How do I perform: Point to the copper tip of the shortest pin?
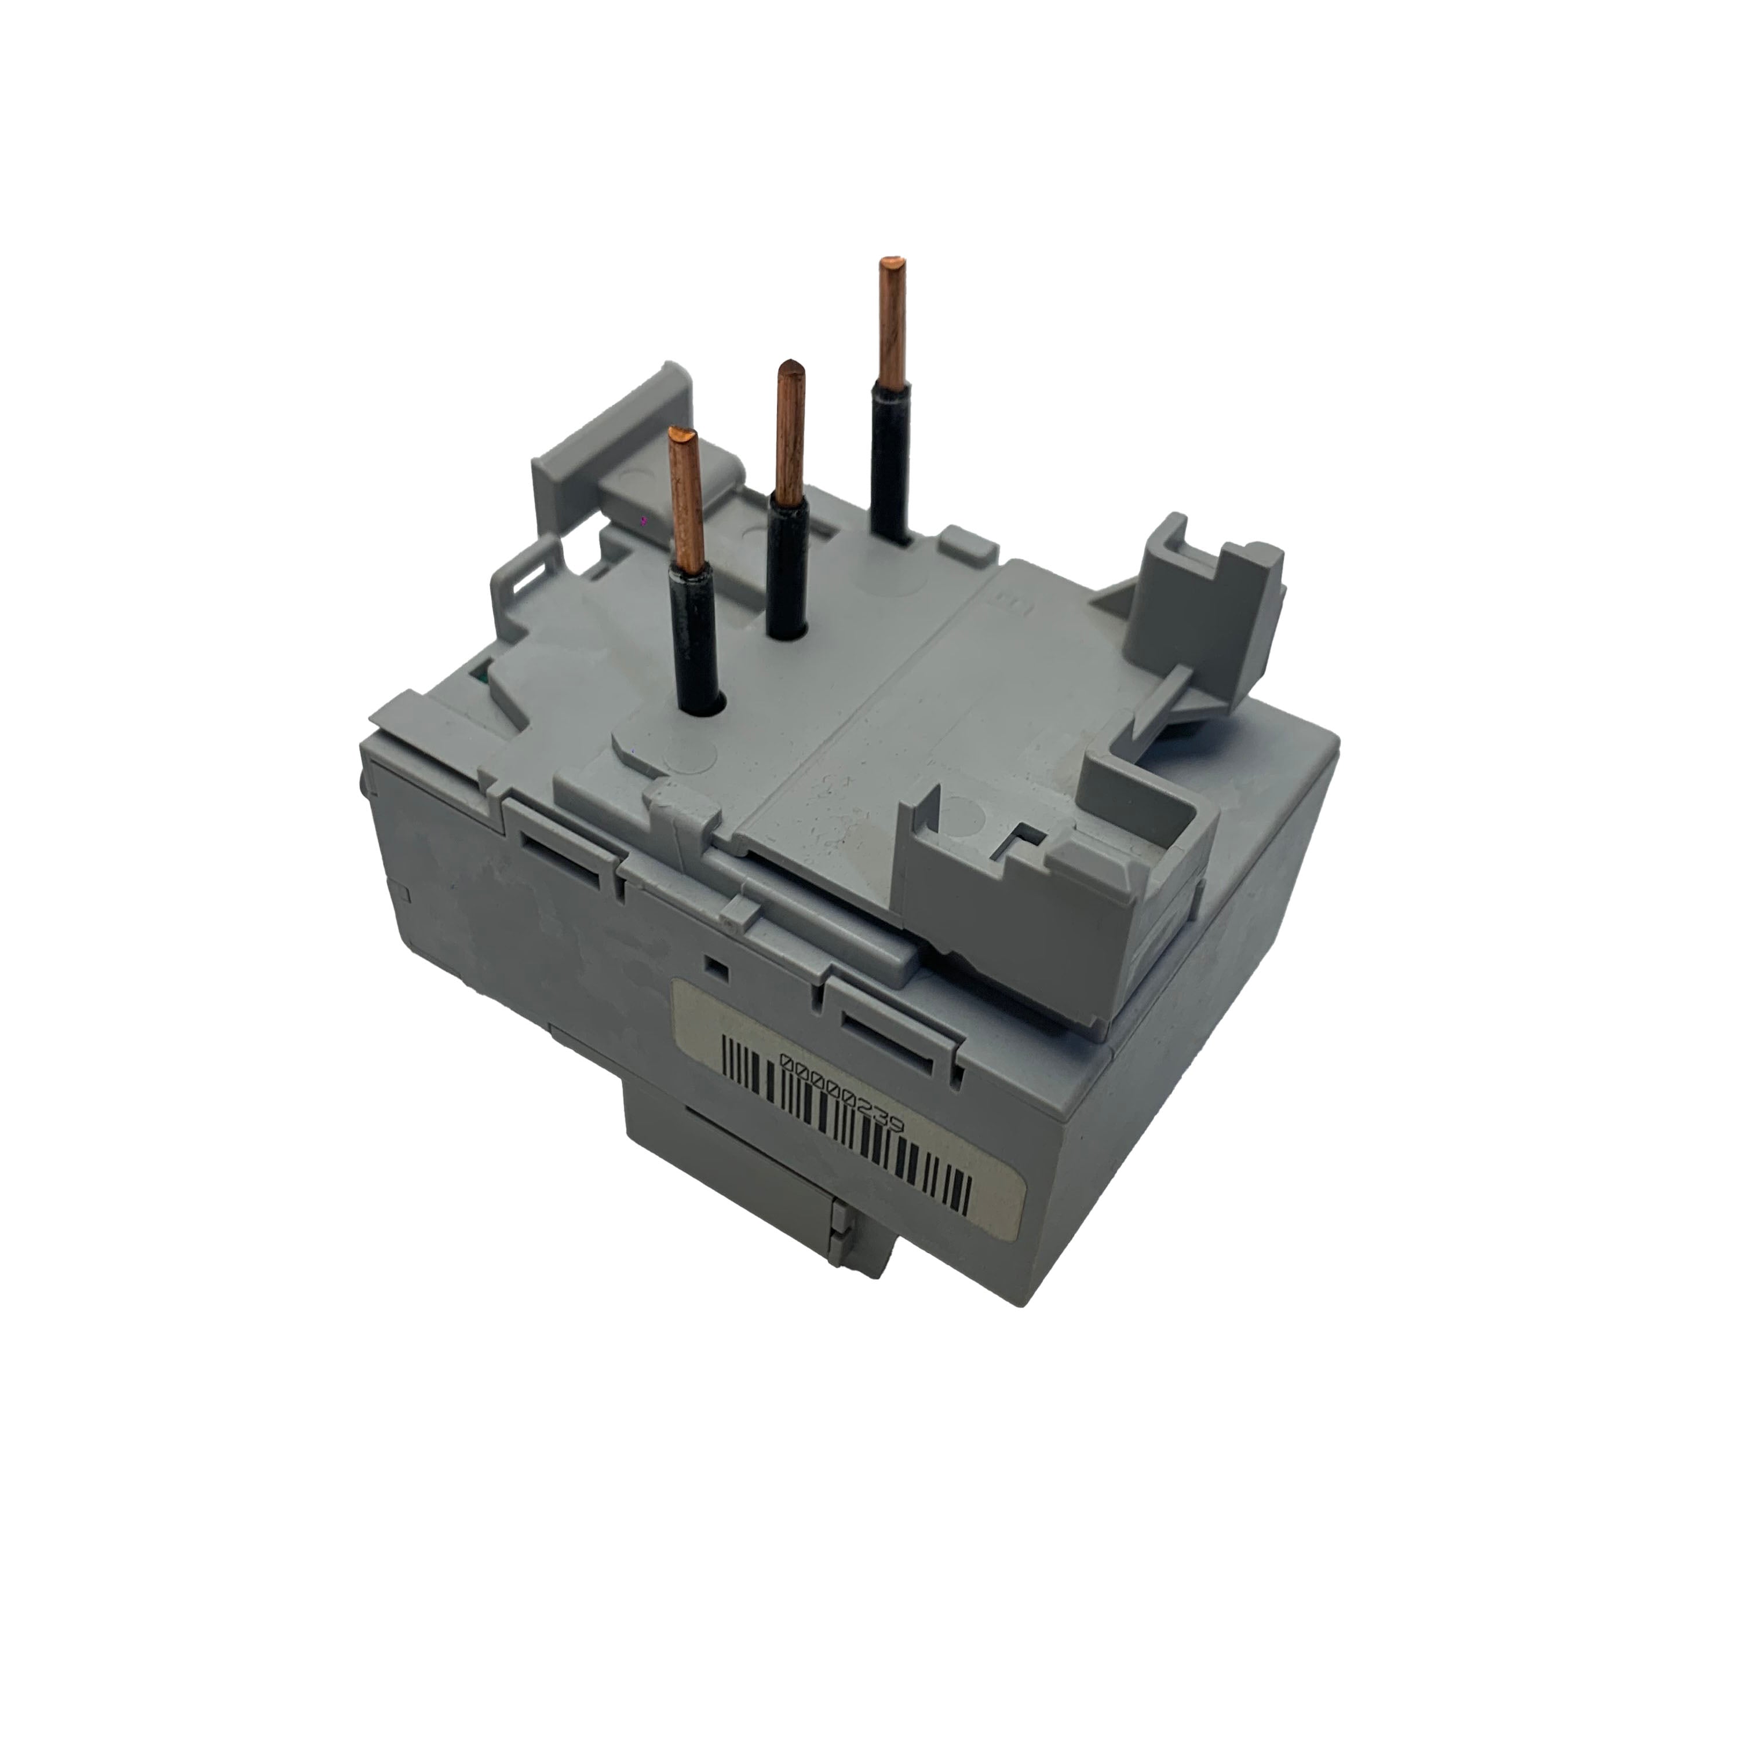[x=687, y=499]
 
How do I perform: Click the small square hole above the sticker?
[x=717, y=969]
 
